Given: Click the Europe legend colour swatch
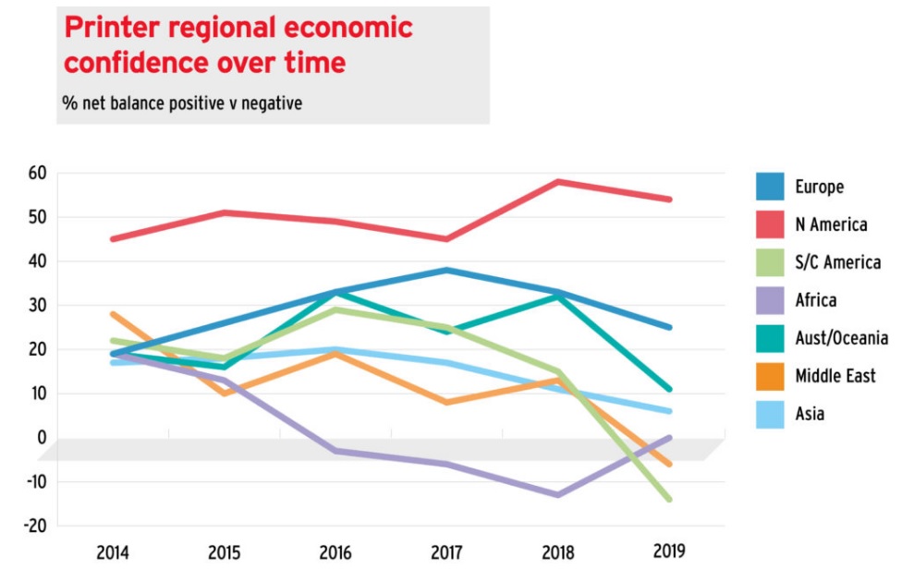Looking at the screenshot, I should (x=769, y=187).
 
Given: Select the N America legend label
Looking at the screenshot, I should (x=831, y=224).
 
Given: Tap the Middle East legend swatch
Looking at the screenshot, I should (x=769, y=376).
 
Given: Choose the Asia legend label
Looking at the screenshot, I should (x=810, y=414).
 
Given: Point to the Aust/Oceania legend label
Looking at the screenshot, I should (x=841, y=338).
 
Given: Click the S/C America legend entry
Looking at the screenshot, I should (x=837, y=262).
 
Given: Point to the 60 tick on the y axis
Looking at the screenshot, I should (x=36, y=173).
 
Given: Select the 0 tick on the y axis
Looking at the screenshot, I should (x=42, y=438).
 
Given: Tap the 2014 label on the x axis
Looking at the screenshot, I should (x=113, y=553).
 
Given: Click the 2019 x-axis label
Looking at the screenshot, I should (x=668, y=553).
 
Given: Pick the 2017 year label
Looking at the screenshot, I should (x=446, y=553).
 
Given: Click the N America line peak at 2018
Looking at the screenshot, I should (x=557, y=181).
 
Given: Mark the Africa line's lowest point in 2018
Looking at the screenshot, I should (x=557, y=495).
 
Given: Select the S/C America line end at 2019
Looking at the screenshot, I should (x=668, y=500).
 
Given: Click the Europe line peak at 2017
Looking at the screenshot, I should (x=446, y=270).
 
